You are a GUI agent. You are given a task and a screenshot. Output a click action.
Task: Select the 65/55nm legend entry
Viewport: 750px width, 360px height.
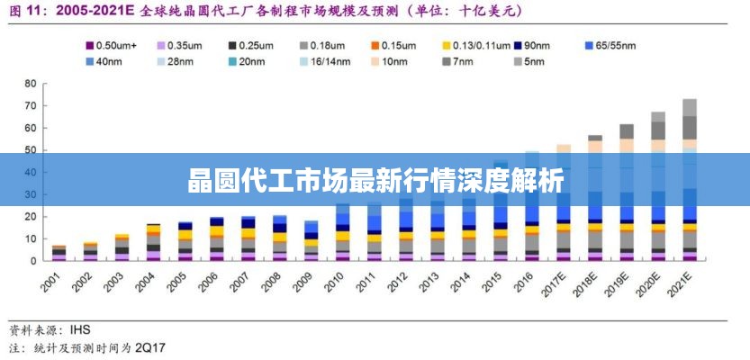click(615, 44)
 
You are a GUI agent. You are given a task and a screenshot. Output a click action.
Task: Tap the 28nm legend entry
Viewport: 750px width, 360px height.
click(180, 61)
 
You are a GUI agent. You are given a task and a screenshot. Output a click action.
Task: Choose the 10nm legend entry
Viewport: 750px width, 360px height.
click(393, 61)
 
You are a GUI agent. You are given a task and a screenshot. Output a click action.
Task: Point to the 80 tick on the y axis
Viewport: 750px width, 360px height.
click(30, 84)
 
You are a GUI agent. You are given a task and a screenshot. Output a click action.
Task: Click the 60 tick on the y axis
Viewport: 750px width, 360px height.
click(30, 128)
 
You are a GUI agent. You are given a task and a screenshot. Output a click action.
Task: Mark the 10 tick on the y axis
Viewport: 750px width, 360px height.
click(30, 238)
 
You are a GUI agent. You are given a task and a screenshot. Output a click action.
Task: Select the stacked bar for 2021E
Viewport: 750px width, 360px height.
click(689, 180)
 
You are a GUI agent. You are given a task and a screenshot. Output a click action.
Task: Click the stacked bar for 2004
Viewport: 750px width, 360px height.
click(153, 242)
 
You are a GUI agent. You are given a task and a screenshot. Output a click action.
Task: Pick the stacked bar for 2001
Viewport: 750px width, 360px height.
click(59, 253)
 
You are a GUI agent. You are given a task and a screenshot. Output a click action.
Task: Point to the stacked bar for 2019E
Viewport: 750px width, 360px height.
click(626, 193)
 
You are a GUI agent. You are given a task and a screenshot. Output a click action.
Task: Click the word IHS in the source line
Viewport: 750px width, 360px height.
click(79, 328)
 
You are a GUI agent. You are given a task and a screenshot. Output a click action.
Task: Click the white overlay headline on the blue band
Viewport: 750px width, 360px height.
click(375, 181)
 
